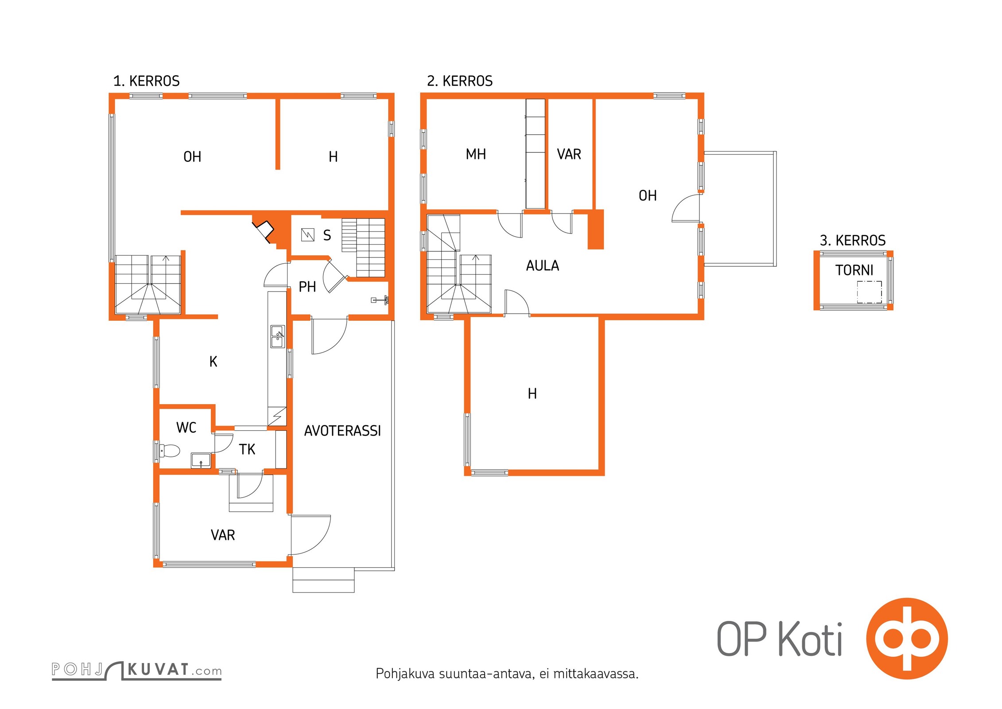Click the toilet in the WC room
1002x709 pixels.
[170, 451]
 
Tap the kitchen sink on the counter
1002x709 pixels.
[278, 336]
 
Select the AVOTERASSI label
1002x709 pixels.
[342, 431]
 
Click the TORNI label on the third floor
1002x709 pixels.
[854, 270]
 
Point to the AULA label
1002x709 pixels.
[543, 266]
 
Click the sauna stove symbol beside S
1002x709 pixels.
[308, 234]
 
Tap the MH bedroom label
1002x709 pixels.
[476, 154]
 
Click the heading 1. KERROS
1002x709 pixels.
[147, 81]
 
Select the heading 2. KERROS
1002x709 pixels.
[460, 81]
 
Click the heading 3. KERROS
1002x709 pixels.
[853, 241]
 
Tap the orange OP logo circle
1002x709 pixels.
[907, 639]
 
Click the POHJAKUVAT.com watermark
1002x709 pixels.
[137, 670]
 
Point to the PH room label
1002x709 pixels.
[307, 287]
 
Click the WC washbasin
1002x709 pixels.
[201, 460]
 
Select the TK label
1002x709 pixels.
[247, 450]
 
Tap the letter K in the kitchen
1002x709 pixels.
[214, 362]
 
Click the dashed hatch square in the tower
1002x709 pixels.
[869, 292]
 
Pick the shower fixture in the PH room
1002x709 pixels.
[380, 300]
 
